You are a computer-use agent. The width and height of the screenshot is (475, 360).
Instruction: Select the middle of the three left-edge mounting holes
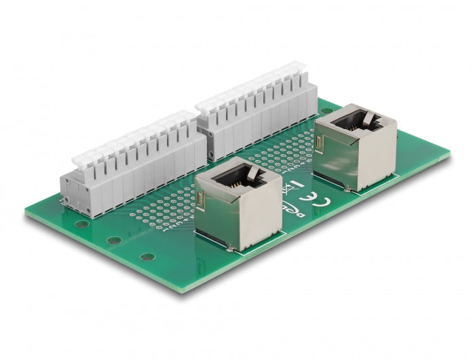[114, 240]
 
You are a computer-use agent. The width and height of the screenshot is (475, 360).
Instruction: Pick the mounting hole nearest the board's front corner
[147, 257]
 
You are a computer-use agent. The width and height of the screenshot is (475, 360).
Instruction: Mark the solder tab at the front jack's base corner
[233, 251]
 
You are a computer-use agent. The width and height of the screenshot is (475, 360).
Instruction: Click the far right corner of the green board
[448, 156]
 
